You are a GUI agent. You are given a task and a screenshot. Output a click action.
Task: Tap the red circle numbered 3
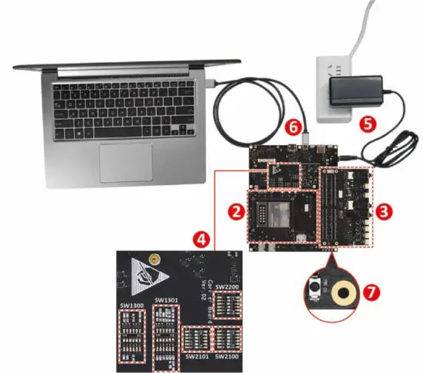[381, 209]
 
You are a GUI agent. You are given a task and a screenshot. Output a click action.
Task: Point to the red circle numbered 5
[367, 122]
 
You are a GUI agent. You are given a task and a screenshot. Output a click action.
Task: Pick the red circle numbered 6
[291, 124]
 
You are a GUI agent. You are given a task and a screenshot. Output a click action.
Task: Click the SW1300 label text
[131, 305]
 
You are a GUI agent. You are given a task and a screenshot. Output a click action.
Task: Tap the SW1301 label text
[166, 300]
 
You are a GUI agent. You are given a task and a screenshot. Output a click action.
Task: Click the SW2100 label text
[228, 357]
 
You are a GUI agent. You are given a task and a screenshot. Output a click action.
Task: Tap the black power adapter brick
[356, 92]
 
